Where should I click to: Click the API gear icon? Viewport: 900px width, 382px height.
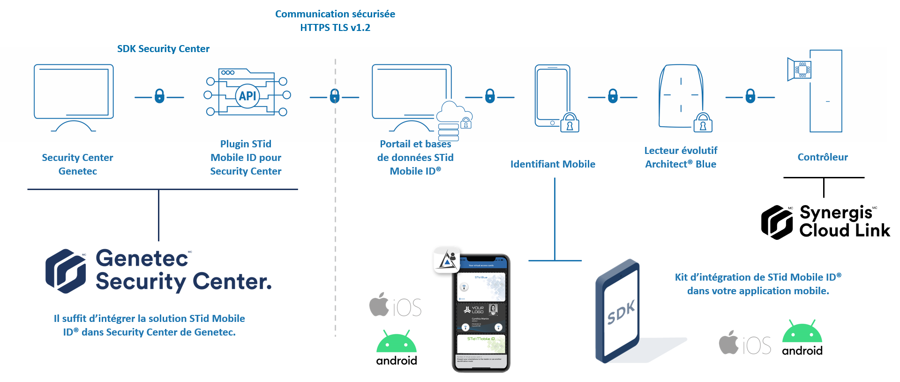tap(247, 96)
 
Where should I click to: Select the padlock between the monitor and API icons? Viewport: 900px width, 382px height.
tap(159, 96)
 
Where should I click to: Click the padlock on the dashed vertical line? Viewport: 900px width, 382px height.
tap(335, 96)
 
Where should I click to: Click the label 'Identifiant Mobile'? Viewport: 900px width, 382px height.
tap(553, 164)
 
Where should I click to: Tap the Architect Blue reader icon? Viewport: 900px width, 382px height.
tap(681, 96)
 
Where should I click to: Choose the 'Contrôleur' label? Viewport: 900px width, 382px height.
tap(823, 157)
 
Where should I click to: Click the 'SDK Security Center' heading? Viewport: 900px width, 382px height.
tap(163, 49)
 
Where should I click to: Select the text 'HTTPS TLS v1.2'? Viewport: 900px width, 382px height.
tap(335, 28)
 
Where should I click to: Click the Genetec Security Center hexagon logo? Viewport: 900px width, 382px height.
tap(66, 271)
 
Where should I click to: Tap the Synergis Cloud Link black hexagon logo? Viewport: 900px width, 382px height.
tap(777, 222)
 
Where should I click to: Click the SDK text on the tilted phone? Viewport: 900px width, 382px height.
tap(621, 313)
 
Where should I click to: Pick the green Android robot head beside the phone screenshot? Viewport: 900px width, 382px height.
tap(396, 342)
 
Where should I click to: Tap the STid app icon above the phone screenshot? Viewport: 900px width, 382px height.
tap(447, 260)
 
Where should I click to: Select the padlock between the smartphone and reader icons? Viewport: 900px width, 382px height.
tap(613, 96)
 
